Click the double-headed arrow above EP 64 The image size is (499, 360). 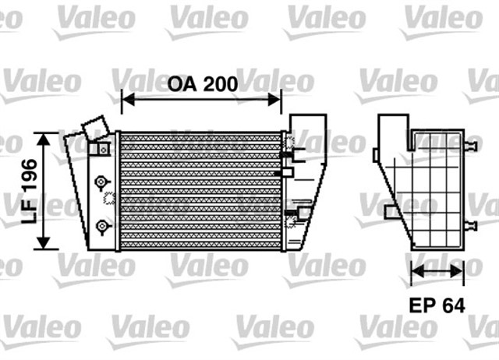[437, 272]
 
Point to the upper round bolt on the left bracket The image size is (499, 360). [99, 182]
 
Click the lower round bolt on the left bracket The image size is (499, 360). [99, 226]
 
